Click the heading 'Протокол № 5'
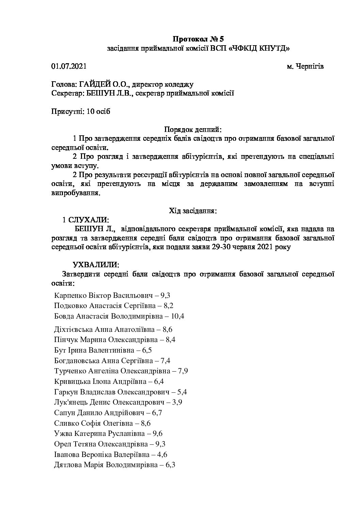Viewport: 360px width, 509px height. (198, 38)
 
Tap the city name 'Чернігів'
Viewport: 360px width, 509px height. (309, 66)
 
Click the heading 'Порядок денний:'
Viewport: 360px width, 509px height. (193, 130)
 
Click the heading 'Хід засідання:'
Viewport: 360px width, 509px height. (193, 211)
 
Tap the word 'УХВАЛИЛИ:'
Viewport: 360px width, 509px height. (96, 265)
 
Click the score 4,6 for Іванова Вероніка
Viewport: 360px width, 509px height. (162, 454)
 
